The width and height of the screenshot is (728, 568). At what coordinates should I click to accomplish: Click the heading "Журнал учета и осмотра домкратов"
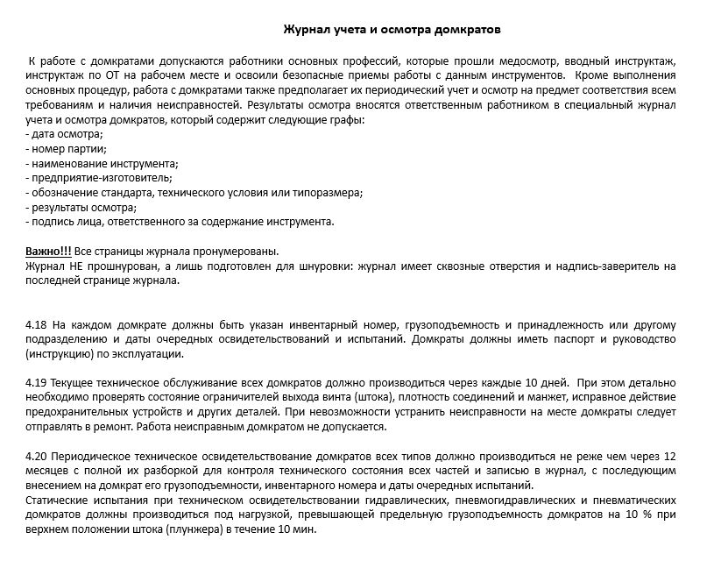click(x=392, y=30)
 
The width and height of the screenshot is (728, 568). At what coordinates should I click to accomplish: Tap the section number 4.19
click(x=37, y=384)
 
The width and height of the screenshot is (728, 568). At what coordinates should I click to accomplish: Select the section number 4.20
click(x=37, y=458)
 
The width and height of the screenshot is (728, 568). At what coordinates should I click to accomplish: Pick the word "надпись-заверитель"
click(x=612, y=266)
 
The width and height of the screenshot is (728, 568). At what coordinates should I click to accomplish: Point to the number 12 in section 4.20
click(x=672, y=458)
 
